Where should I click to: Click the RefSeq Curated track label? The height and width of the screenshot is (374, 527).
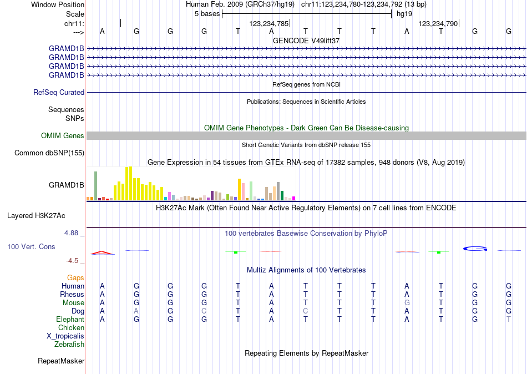pos(59,93)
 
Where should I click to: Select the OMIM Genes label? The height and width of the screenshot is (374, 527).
pos(63,136)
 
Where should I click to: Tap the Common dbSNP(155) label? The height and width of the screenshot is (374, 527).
pos(49,153)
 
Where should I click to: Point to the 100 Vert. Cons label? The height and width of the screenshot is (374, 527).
pos(31,246)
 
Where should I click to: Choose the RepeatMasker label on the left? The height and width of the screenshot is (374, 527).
pos(61,361)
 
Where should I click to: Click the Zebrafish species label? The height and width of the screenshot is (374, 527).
pos(69,345)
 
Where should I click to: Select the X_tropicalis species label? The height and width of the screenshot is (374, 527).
pos(65,336)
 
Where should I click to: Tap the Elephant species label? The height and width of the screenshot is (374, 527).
pos(70,320)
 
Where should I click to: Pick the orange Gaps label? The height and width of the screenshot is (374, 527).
pos(75,277)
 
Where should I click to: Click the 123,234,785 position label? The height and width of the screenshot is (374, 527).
pos(268,24)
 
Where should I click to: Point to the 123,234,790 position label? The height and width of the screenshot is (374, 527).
pos(438,24)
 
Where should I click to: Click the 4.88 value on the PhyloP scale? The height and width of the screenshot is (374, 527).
pos(72,233)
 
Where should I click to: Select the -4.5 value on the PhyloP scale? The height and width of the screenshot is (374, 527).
pos(73,260)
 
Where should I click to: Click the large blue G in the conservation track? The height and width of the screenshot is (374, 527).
pos(475,248)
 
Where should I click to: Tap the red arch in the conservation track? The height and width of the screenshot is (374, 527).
pos(102,252)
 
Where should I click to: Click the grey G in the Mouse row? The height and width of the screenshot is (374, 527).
pos(407,303)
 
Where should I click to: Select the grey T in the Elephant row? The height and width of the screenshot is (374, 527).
pos(509,320)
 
